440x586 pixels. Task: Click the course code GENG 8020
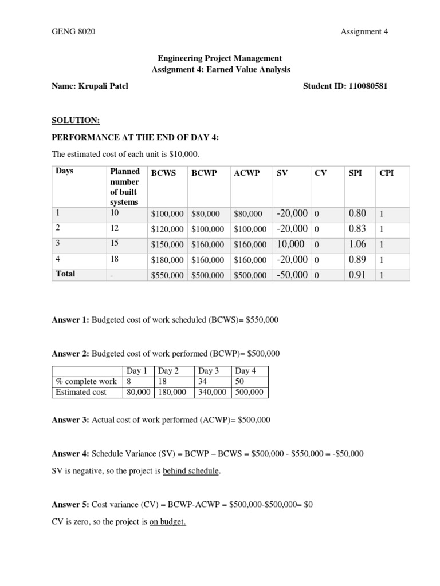73,31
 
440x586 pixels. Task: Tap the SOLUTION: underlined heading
76,120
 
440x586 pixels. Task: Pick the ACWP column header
245,172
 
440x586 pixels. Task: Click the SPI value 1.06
357,244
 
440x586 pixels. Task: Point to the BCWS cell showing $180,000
167,260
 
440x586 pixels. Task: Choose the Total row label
65,274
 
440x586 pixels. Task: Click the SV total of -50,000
292,275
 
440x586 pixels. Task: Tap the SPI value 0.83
357,228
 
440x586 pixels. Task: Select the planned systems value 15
115,243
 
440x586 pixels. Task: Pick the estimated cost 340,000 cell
211,392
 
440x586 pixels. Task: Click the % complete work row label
86,381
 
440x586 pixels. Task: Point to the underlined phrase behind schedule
191,471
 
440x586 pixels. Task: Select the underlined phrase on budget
168,522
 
